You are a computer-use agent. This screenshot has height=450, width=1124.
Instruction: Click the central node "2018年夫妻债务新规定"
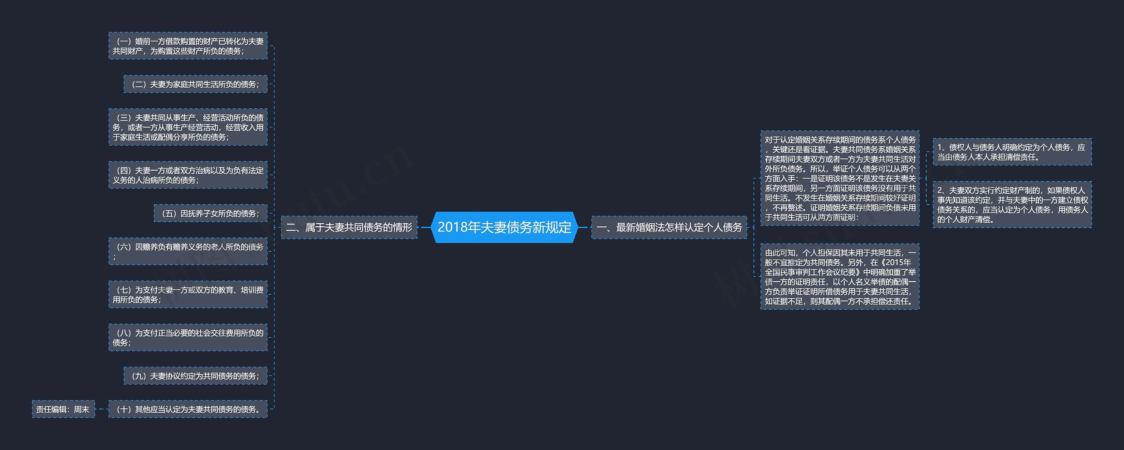[504, 227]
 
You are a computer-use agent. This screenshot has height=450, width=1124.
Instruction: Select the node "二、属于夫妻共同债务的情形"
[349, 227]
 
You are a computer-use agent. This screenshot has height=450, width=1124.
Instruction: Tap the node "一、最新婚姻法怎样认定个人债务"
[669, 227]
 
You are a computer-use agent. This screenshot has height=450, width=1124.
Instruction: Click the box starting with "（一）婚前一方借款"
[188, 46]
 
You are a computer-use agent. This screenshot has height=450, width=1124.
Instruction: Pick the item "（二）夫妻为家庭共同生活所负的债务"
[195, 84]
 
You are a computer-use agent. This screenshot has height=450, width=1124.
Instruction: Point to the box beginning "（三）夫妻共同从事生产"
[188, 127]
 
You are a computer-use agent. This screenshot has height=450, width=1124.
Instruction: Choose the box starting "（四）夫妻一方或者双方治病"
[188, 175]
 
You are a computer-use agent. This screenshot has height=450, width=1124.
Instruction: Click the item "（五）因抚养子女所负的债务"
[210, 214]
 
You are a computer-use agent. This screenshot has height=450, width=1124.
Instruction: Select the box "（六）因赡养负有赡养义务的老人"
[188, 252]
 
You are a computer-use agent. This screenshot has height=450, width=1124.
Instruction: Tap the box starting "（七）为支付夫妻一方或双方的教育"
[188, 295]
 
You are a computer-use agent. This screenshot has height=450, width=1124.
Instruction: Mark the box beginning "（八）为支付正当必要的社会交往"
[188, 338]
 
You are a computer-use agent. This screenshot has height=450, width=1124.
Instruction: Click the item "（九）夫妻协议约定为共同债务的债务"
[195, 376]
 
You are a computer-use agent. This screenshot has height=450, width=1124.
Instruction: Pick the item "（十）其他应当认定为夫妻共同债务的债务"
[188, 409]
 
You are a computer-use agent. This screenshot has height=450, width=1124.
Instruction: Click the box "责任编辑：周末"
[63, 409]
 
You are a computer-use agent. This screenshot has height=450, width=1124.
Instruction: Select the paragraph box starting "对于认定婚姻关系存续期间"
[840, 179]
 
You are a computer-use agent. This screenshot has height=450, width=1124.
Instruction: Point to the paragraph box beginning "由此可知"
[840, 277]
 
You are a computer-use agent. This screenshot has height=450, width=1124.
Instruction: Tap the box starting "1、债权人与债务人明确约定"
[1012, 152]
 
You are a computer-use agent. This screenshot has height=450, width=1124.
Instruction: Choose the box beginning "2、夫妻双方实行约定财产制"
[1012, 205]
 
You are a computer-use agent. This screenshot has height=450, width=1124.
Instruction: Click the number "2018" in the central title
[452, 227]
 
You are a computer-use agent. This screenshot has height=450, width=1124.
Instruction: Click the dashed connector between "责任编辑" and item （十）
[102, 409]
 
